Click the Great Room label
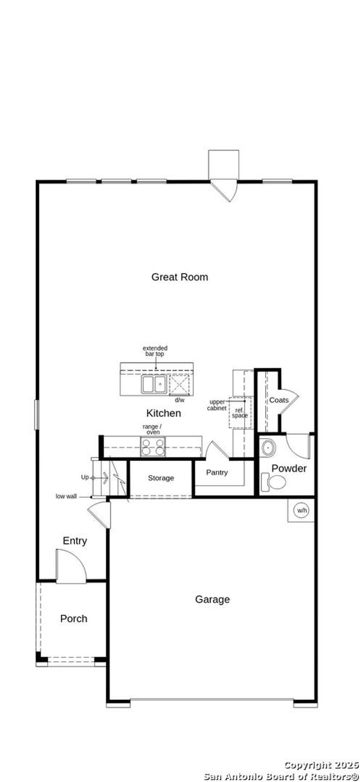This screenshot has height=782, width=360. click(x=180, y=277)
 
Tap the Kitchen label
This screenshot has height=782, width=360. click(x=163, y=413)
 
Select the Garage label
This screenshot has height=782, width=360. click(x=212, y=599)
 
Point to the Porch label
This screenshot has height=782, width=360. click(x=73, y=619)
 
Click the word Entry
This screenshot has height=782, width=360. click(x=75, y=541)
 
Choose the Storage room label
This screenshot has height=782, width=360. click(x=161, y=478)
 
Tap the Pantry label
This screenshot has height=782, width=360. click(x=217, y=472)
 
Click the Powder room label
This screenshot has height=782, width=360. click(x=289, y=468)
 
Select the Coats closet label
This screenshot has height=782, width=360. click(x=279, y=400)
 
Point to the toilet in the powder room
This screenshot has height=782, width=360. click(x=275, y=482)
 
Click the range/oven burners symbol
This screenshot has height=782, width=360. click(x=153, y=447)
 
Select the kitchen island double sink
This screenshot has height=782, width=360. click(x=154, y=384)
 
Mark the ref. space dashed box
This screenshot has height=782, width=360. click(x=240, y=413)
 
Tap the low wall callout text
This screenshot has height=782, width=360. click(x=66, y=497)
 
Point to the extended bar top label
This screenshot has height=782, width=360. click(x=155, y=351)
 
